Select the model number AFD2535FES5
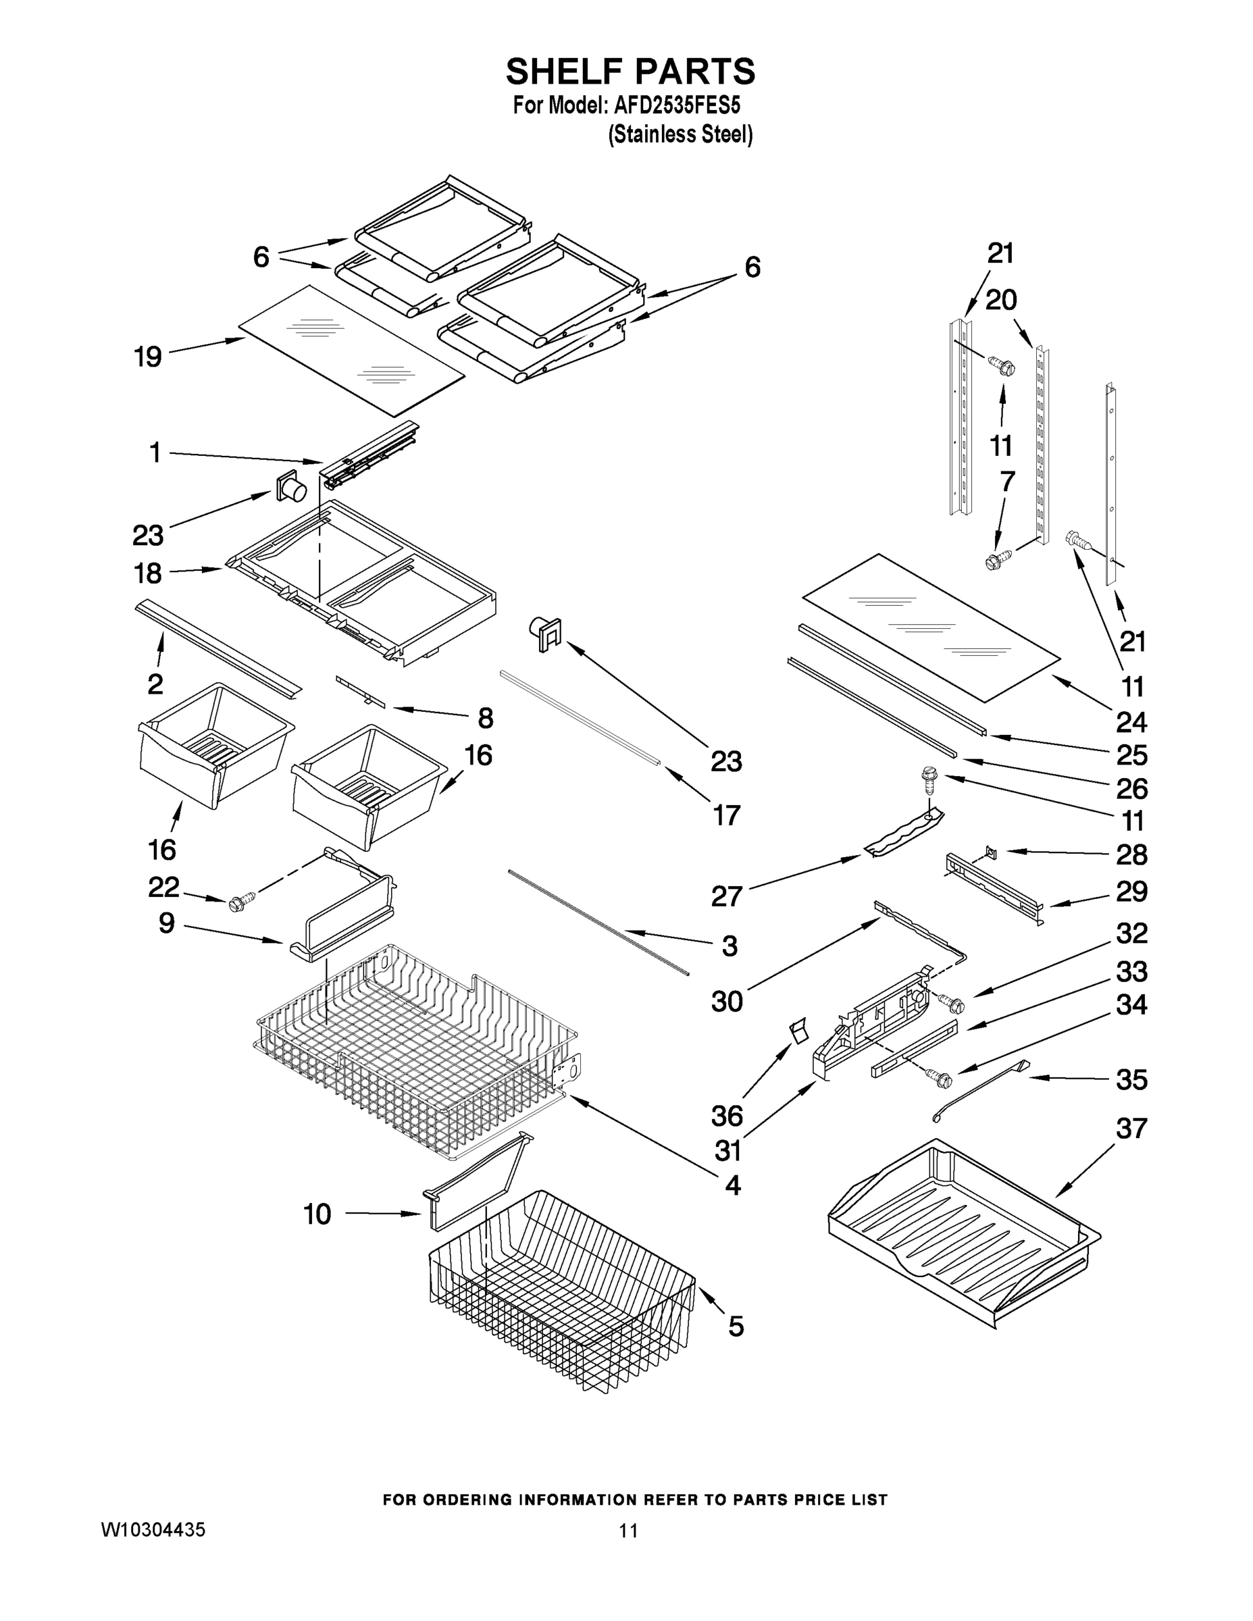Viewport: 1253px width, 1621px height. (676, 106)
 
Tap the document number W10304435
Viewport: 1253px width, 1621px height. (153, 1530)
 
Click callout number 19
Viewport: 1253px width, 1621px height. (148, 357)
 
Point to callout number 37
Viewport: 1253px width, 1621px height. (1131, 1129)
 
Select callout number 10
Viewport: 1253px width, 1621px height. (317, 1214)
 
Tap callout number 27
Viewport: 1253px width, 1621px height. (727, 896)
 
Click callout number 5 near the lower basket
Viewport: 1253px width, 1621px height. (735, 1327)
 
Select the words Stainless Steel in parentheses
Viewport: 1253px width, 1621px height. (680, 135)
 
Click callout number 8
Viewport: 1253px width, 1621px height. (485, 718)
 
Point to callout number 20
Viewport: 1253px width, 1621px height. (1000, 301)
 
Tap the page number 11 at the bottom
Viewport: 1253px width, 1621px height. (628, 1530)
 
